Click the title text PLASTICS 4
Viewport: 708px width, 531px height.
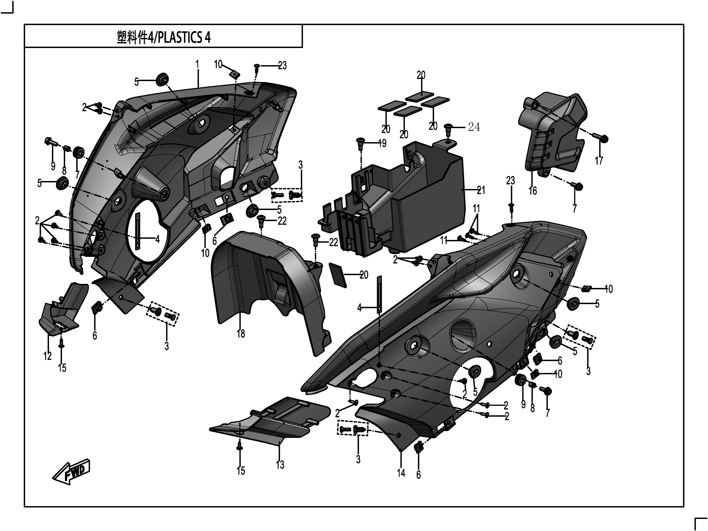click(x=164, y=38)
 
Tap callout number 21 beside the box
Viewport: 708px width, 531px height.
click(x=481, y=190)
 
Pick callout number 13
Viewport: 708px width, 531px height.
click(x=280, y=465)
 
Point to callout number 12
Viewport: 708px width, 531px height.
click(x=48, y=356)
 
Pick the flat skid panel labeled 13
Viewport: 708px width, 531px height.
click(x=272, y=419)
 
